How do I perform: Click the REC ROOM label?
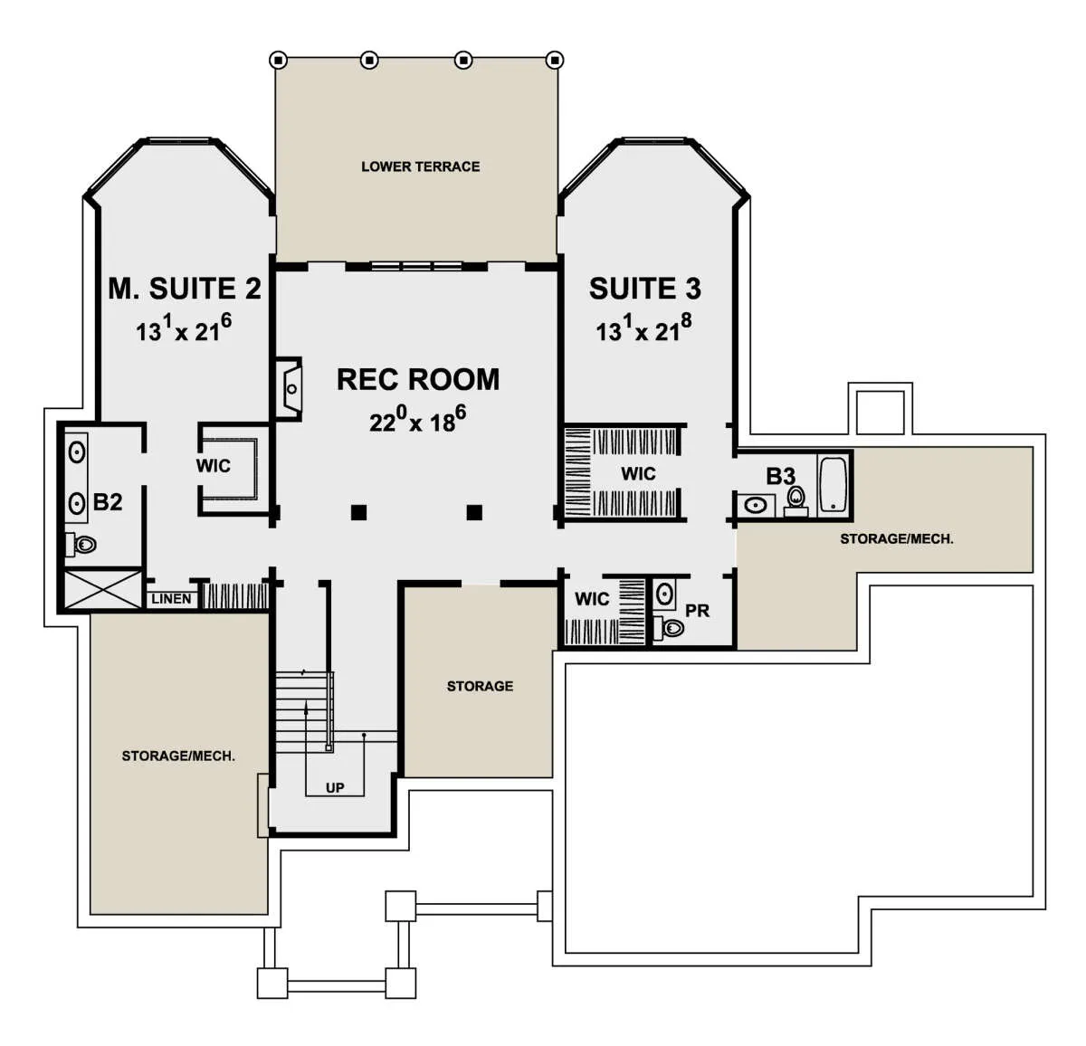coord(418,379)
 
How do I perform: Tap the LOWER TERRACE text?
coord(420,166)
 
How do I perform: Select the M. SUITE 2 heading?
coord(185,289)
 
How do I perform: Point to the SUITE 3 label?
coord(644,289)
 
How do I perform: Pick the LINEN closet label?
coord(171,599)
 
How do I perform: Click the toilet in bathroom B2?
coord(81,544)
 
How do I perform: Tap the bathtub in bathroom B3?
coord(833,484)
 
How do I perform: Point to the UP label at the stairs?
coord(335,788)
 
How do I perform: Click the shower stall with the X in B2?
coord(103,589)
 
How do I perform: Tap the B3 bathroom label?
coord(780,476)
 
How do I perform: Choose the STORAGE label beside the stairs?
coord(480,686)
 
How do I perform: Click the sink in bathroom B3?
coord(756,506)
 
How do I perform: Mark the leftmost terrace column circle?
coord(278,60)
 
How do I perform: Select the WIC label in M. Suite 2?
coord(214,466)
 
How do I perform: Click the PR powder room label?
coord(697,611)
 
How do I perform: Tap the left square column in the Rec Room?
coord(359,512)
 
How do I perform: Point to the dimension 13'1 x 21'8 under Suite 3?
coord(644,328)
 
